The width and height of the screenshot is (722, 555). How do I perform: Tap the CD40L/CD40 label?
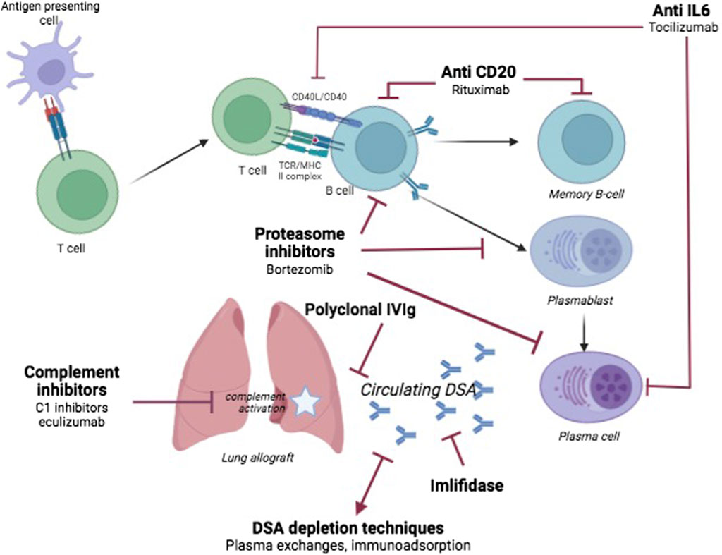click(x=319, y=97)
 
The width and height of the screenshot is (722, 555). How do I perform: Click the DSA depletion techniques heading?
click(x=349, y=527)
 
